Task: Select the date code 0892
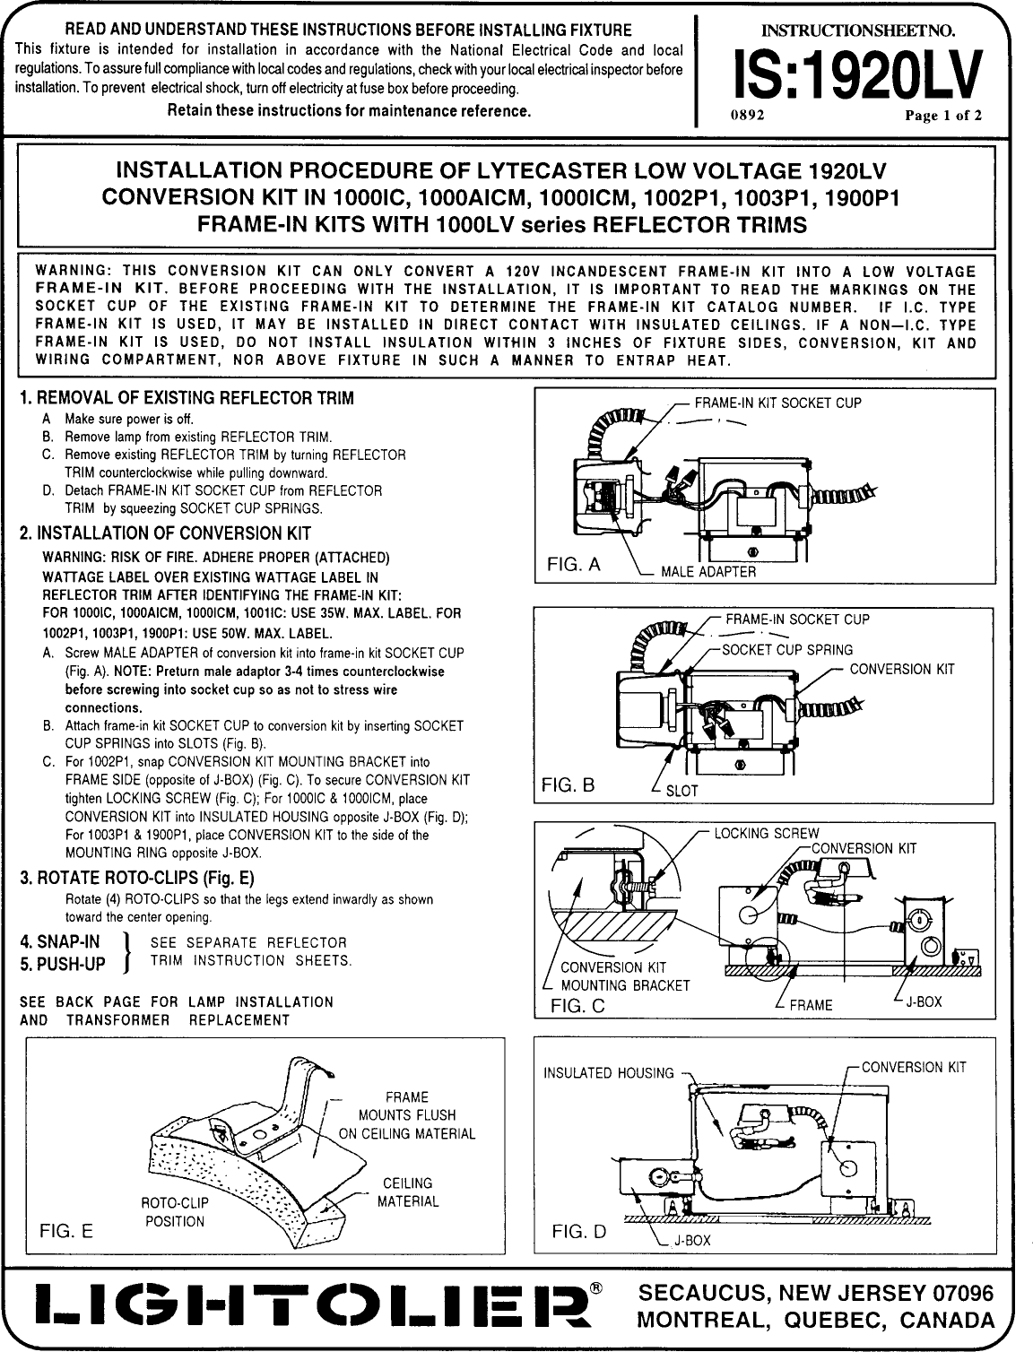point(748,116)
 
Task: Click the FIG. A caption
point(574,565)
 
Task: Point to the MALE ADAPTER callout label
point(707,571)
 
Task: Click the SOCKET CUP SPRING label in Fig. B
point(787,650)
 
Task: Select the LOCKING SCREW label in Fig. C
point(766,833)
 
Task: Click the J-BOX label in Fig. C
point(924,1001)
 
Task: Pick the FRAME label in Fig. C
point(812,1005)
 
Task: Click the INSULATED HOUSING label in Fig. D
point(609,1073)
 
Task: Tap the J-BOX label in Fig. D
point(691,1241)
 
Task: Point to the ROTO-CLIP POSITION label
point(173,1212)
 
